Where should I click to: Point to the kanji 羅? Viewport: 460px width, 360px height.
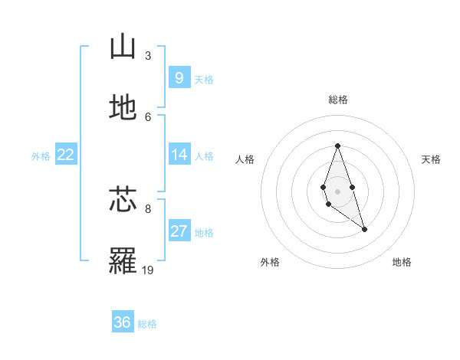[x=123, y=261]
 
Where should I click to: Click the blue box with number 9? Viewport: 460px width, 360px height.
[x=179, y=77]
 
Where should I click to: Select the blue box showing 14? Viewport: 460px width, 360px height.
[x=179, y=155]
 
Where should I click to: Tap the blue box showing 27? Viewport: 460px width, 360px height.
[x=179, y=231]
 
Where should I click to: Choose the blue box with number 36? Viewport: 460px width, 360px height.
[x=122, y=322]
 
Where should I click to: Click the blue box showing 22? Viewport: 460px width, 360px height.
[x=65, y=155]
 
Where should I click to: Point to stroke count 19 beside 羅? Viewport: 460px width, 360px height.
[x=148, y=270]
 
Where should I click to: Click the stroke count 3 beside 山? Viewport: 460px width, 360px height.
[x=148, y=55]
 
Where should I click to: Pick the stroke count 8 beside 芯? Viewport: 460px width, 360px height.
[x=148, y=208]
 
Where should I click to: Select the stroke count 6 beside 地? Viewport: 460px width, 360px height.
[x=148, y=116]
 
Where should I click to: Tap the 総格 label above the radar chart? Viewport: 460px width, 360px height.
[x=337, y=100]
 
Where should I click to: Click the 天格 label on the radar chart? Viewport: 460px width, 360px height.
[x=432, y=159]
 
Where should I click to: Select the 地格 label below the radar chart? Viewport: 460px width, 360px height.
[x=402, y=262]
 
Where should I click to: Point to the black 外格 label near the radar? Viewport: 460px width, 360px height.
[x=270, y=262]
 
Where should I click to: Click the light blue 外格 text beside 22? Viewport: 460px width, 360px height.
[x=41, y=155]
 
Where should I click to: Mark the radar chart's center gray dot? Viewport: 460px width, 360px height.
[x=337, y=191]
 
